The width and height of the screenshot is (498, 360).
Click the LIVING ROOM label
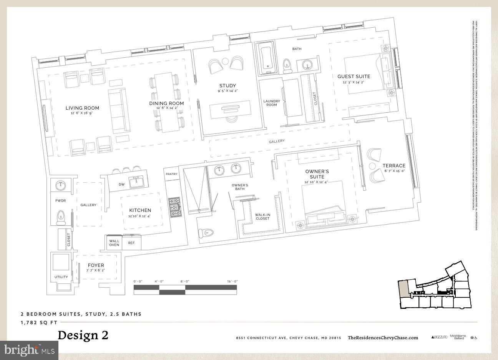tap(82, 108)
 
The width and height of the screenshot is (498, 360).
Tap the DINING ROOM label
tap(166, 103)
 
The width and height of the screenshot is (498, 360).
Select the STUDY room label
tap(227, 86)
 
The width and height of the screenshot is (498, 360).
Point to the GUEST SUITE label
tap(354, 77)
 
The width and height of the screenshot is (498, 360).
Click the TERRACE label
tap(393, 166)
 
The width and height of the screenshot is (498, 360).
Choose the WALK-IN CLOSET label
tap(262, 217)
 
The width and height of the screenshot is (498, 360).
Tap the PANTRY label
tap(171, 174)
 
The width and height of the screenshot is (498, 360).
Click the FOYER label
tap(96, 265)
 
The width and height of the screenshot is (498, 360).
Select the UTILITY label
tap(61, 277)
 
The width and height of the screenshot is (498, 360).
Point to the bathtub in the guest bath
tap(267, 58)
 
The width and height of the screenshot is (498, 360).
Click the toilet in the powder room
tap(61, 217)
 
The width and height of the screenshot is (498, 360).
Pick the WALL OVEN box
tap(114, 243)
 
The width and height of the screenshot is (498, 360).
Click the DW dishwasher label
tap(121, 185)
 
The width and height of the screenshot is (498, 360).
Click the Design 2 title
tap(83, 335)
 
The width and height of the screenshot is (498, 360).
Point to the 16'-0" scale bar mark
tap(232, 282)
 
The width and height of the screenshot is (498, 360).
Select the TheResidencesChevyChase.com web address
tap(383, 338)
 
